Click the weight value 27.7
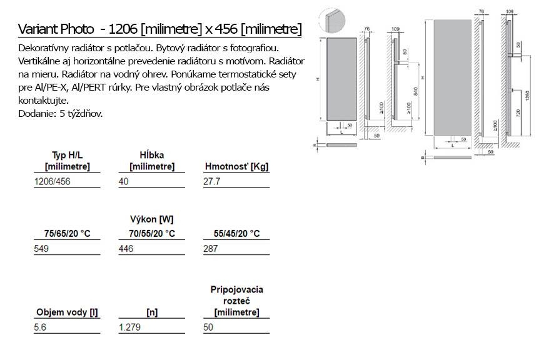click(211, 181)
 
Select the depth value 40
click(123, 181)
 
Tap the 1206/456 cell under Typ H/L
click(52, 181)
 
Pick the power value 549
click(41, 249)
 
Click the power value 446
click(126, 249)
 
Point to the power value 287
click(211, 249)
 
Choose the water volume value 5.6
click(40, 327)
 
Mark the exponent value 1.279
click(130, 327)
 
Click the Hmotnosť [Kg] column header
click(236, 166)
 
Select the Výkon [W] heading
click(152, 219)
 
